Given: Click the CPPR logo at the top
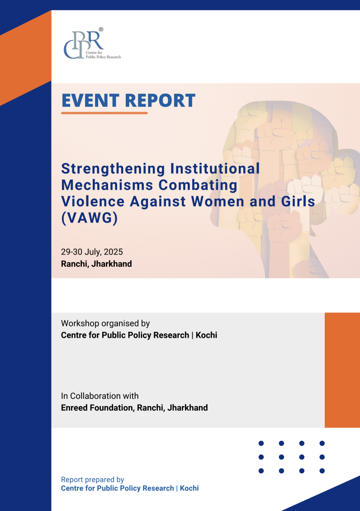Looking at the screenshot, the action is coord(92,43).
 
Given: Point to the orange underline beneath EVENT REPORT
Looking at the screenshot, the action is coord(104,113).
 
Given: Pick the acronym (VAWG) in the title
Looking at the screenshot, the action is coord(89,218).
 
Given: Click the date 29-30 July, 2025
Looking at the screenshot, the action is coord(92,252).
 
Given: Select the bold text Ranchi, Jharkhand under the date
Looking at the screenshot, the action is coord(96,264).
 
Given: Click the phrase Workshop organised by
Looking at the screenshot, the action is coord(105,324).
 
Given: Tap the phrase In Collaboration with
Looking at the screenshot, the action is coord(99,396).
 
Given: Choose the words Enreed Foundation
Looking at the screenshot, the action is coord(97,408).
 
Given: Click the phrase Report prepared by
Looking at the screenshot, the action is coord(93,480).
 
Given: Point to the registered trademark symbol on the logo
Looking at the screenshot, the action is coord(101,29).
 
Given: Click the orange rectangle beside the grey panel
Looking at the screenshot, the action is coord(342,370).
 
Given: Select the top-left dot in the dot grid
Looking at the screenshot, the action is coord(261,443).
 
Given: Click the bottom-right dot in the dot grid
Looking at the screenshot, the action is coord(322,471).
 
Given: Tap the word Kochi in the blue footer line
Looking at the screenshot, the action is coord(189,488).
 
